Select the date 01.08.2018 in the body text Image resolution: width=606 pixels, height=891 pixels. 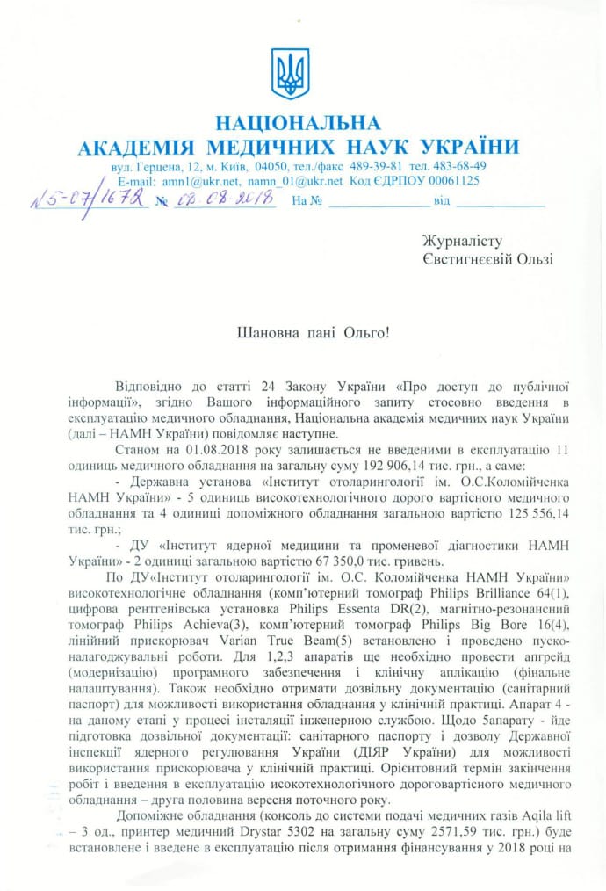pos(216,450)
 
